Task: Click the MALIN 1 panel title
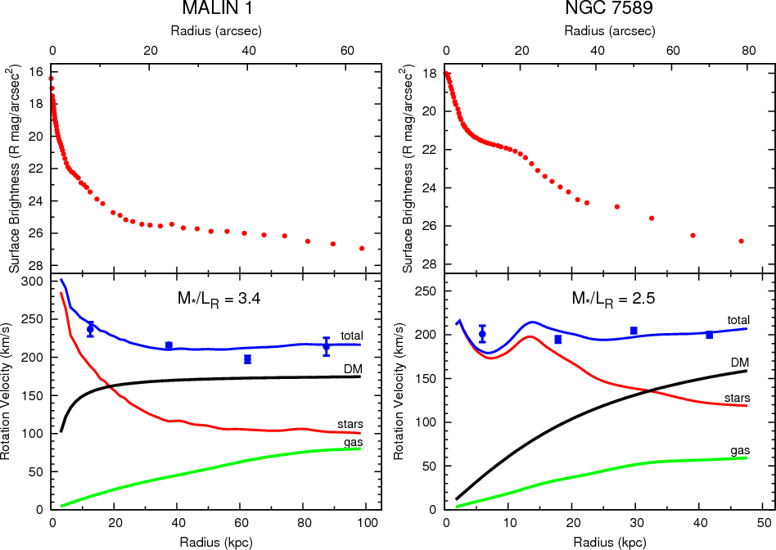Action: (x=216, y=9)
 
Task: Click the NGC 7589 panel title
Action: (x=610, y=9)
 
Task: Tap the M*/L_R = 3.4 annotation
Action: (x=217, y=299)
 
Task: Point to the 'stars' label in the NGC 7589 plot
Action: (x=739, y=398)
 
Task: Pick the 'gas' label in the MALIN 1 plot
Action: (x=353, y=443)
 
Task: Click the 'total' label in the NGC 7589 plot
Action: (x=739, y=319)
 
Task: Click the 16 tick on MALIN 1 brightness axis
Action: (x=37, y=72)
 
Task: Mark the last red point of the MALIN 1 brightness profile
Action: (x=362, y=248)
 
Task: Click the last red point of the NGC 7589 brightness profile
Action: (x=741, y=241)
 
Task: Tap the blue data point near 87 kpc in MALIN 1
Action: (x=326, y=346)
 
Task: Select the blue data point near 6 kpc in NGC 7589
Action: (x=482, y=334)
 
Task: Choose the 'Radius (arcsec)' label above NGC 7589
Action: (x=610, y=31)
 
